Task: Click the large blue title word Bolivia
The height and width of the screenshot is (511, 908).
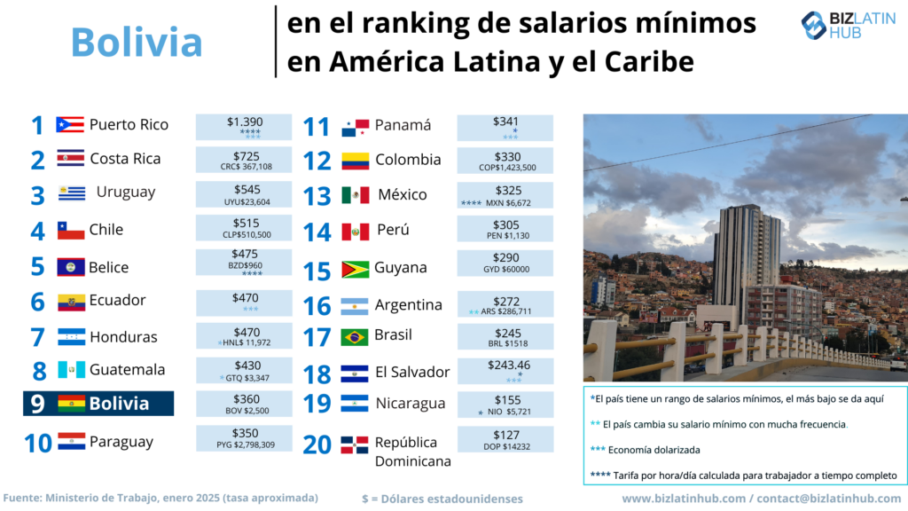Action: [x=137, y=42]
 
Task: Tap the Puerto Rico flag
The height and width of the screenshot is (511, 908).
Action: [x=70, y=124]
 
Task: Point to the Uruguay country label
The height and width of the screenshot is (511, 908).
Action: [x=126, y=192]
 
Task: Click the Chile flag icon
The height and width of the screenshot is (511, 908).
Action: [x=71, y=231]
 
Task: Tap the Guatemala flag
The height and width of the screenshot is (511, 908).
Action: [x=71, y=370]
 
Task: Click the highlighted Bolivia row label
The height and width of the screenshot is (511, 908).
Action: [x=119, y=404]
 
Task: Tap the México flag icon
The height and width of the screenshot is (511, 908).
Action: [x=356, y=195]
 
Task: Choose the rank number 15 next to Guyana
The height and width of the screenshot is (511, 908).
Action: [x=317, y=270]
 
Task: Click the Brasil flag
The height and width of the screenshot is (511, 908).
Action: [x=355, y=337]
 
